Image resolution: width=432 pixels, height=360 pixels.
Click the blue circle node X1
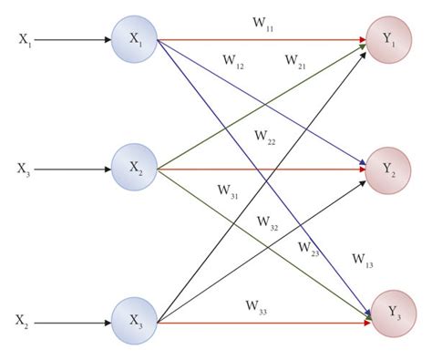point(135,39)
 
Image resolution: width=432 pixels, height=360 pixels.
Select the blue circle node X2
point(135,168)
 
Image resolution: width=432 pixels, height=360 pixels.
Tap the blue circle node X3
point(135,321)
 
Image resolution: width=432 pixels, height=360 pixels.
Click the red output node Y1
point(386,39)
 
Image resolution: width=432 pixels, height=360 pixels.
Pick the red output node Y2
point(386,168)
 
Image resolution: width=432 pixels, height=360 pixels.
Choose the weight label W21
point(295,61)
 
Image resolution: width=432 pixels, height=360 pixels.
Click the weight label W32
point(268,221)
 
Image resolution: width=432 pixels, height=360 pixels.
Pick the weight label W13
point(363,260)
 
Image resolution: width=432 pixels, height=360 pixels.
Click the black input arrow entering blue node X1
point(77,40)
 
